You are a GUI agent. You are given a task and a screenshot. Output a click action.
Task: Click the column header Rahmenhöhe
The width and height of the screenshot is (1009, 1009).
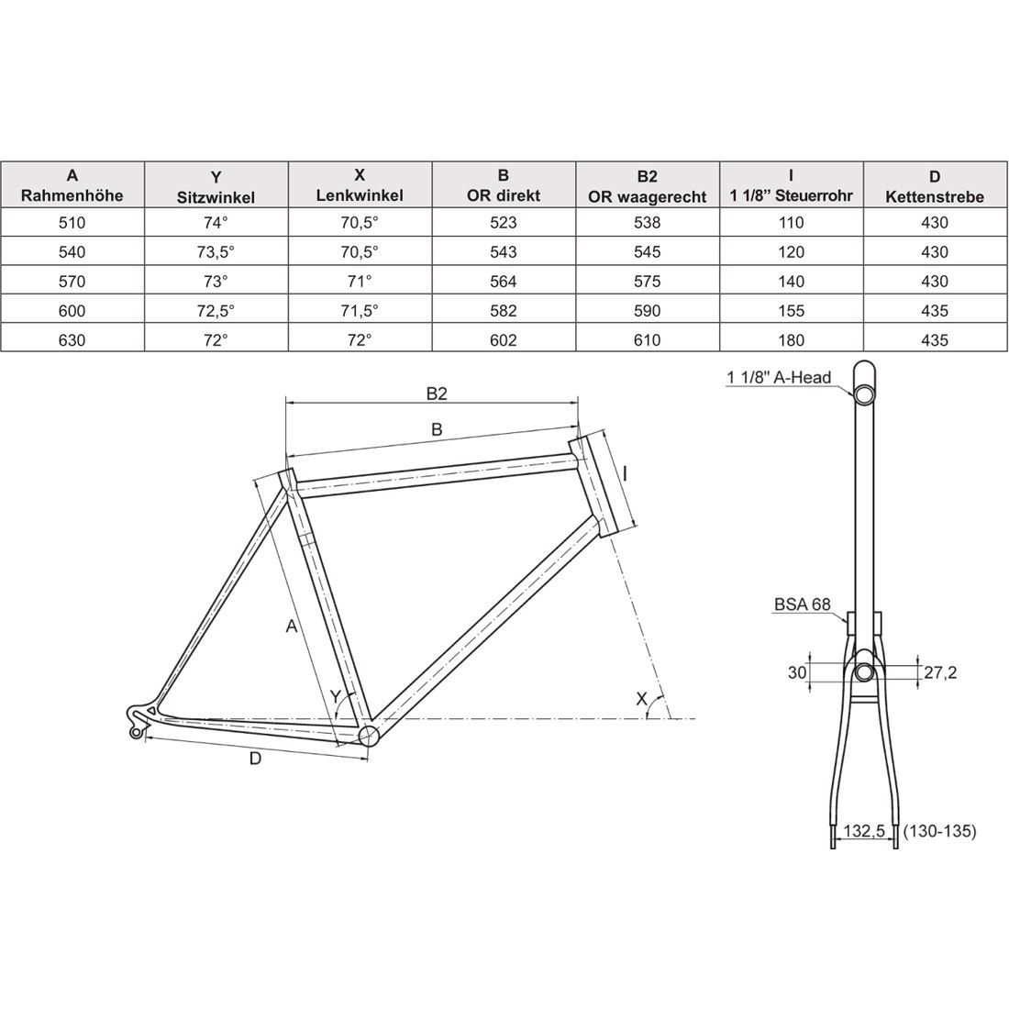pyautogui.click(x=73, y=196)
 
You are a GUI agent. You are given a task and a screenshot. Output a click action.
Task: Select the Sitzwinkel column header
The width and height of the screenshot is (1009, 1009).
pyautogui.click(x=216, y=196)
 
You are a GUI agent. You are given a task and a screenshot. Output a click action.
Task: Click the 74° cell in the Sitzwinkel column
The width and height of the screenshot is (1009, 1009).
pyautogui.click(x=216, y=222)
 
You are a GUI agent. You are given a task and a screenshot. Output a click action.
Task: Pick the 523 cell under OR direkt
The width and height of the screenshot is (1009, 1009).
pyautogui.click(x=504, y=222)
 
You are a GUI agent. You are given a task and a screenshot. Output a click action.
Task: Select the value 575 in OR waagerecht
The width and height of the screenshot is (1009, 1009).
pyautogui.click(x=647, y=282)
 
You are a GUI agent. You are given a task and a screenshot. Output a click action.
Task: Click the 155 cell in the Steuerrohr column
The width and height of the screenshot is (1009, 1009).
pyautogui.click(x=791, y=311)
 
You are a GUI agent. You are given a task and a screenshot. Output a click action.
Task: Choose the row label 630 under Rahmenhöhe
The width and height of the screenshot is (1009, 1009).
pyautogui.click(x=73, y=340)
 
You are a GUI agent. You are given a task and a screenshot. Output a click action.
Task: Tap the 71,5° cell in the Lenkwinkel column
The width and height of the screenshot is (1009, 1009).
pyautogui.click(x=360, y=311)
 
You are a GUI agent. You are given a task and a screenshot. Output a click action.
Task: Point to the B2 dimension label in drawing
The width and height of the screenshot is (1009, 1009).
pyautogui.click(x=437, y=394)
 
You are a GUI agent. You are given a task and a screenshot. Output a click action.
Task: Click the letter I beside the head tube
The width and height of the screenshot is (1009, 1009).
pyautogui.click(x=625, y=473)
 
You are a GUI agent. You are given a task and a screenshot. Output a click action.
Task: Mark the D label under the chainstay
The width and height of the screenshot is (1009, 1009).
pyautogui.click(x=255, y=758)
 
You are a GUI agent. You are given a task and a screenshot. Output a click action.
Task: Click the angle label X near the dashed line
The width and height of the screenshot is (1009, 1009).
pyautogui.click(x=642, y=700)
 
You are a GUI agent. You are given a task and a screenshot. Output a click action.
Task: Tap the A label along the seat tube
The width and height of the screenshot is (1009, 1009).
pyautogui.click(x=291, y=626)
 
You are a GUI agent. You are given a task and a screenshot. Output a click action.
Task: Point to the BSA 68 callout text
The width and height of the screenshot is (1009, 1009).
pyautogui.click(x=802, y=604)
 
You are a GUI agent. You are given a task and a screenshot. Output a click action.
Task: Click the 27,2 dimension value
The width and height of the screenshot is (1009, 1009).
pyautogui.click(x=940, y=672)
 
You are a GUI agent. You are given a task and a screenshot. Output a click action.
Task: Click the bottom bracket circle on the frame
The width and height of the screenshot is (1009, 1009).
pyautogui.click(x=369, y=736)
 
